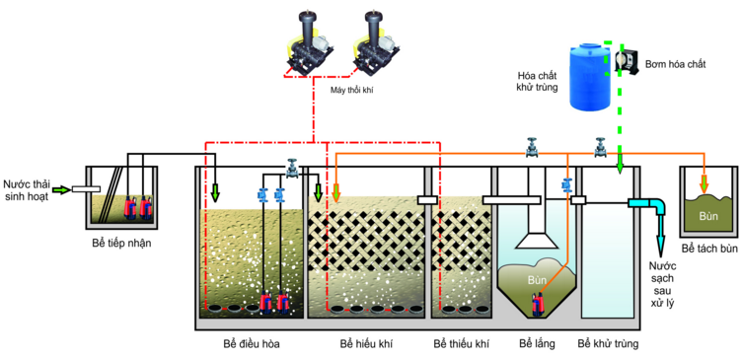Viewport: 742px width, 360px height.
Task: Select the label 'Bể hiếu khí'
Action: [366, 344]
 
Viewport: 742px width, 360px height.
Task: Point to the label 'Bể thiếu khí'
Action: [460, 344]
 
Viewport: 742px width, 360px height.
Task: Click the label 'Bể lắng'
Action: [537, 344]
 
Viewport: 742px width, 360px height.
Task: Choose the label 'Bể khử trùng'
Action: [610, 344]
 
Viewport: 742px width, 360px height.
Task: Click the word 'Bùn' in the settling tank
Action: [537, 281]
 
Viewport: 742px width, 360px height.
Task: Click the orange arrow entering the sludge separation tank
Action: [703, 183]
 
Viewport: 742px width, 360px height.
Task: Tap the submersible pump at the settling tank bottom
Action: [537, 304]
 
